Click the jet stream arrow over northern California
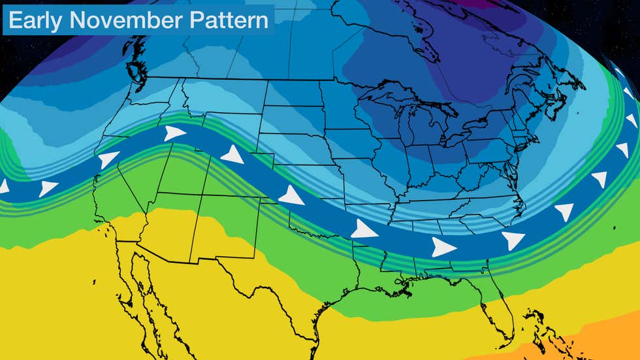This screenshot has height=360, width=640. pyautogui.click(x=108, y=159)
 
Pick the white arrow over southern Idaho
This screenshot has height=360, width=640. pyautogui.click(x=174, y=133)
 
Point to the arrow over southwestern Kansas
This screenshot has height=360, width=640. pyautogui.click(x=291, y=195)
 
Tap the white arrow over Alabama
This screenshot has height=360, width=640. pyautogui.click(x=443, y=246)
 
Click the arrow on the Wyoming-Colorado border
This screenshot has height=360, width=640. pyautogui.click(x=233, y=155)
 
